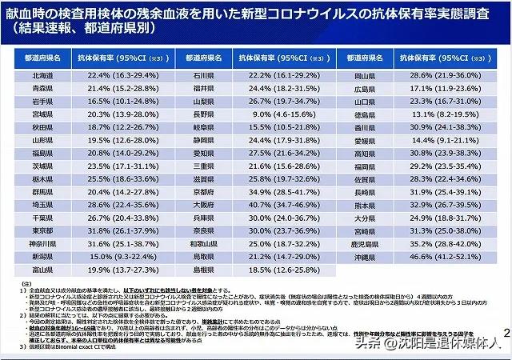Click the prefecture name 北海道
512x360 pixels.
(43, 74)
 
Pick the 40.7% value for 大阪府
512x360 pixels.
(280, 204)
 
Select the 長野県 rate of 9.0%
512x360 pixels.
(280, 114)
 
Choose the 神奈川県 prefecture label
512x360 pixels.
(43, 243)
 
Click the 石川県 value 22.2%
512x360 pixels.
(280, 74)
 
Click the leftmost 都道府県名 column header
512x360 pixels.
(43, 58)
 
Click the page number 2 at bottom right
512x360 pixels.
(505, 332)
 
